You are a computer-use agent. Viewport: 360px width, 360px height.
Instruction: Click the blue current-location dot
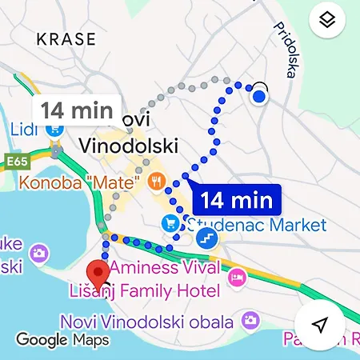[258, 97]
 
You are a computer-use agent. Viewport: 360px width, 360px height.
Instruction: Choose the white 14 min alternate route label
[77, 110]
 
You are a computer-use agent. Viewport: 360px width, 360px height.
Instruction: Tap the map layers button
[326, 22]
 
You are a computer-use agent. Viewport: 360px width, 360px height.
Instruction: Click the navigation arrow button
[320, 325]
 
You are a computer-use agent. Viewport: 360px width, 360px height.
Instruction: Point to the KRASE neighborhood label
[66, 38]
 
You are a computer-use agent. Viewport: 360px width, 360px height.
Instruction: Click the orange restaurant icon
[154, 182]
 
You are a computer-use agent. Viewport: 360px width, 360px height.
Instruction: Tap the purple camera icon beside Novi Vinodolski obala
[251, 322]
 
